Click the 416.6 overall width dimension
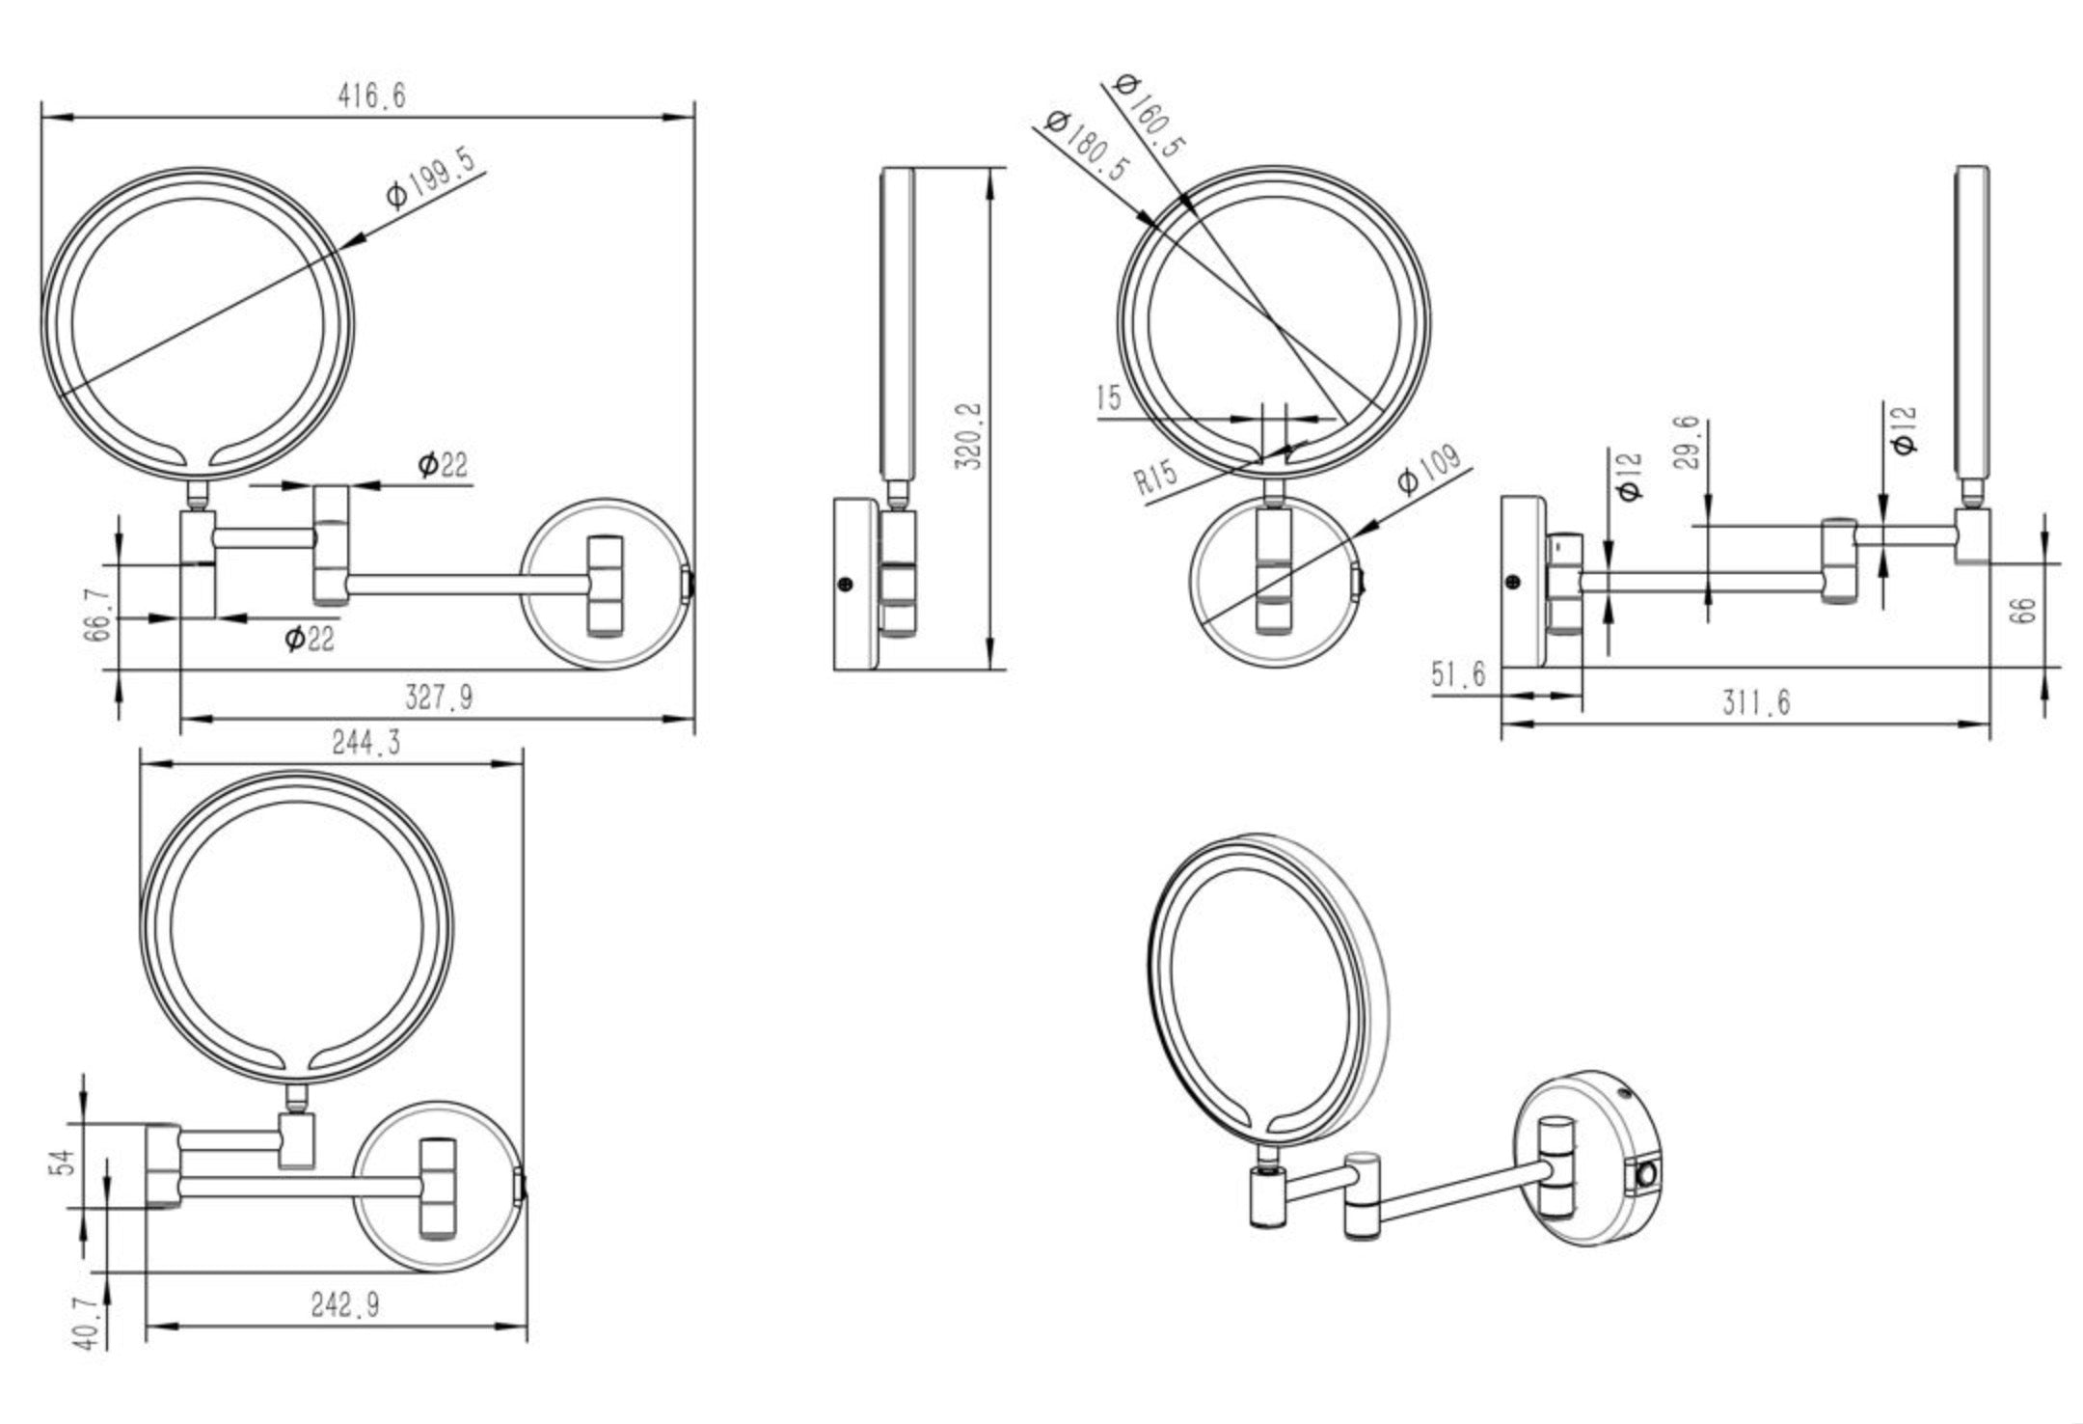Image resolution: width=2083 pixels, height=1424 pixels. [371, 96]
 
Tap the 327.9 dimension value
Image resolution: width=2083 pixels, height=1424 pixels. [439, 697]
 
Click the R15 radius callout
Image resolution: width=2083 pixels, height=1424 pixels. [1155, 477]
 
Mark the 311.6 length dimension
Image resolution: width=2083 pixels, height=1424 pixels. [1756, 703]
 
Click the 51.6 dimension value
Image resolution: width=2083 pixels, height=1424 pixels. [1458, 673]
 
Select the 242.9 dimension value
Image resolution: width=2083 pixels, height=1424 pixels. [344, 1305]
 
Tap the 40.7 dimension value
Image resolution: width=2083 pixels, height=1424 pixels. [87, 1324]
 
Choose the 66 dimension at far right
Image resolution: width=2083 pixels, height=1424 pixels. [2025, 610]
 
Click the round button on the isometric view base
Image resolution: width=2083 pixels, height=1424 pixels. [1646, 1177]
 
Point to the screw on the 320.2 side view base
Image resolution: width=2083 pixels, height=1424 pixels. [847, 583]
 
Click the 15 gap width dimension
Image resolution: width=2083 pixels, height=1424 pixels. [1109, 397]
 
